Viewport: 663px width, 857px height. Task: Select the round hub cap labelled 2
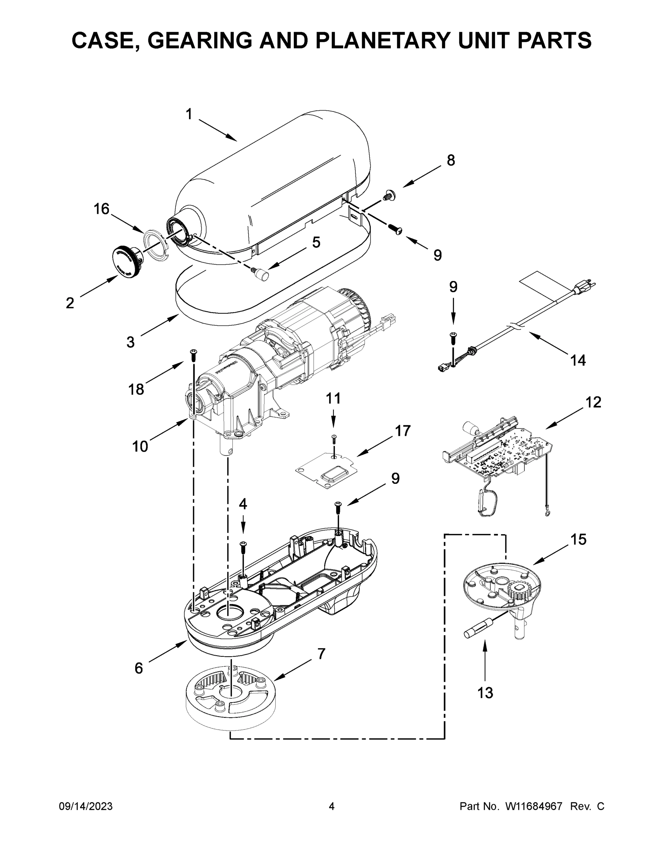coord(128,261)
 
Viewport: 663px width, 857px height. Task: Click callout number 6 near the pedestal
coord(139,668)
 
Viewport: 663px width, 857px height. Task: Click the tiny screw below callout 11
coord(334,439)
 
